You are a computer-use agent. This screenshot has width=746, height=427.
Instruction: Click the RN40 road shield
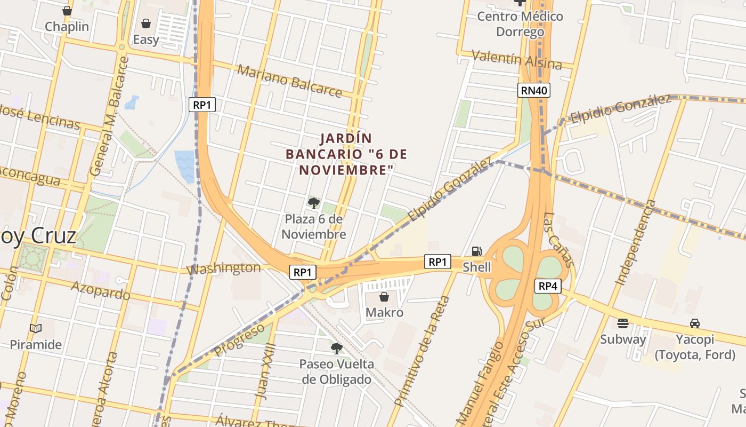tap(534, 91)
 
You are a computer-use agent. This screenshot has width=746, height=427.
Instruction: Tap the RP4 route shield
tap(547, 286)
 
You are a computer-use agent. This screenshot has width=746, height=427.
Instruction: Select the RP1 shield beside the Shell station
tap(437, 262)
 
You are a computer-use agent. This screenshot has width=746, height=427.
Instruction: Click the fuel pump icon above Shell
tap(477, 251)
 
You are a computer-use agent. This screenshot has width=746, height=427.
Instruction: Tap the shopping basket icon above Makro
tap(384, 297)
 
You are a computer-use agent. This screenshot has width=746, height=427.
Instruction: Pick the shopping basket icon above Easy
tap(145, 23)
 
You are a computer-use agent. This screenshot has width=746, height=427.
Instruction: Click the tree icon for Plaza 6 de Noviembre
tap(314, 203)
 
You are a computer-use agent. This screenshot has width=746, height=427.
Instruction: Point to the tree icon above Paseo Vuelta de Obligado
tap(336, 349)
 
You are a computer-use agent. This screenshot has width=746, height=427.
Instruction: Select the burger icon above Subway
tap(622, 323)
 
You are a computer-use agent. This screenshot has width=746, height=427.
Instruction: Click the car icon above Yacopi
tap(695, 323)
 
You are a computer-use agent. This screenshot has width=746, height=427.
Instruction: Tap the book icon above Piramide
tap(36, 329)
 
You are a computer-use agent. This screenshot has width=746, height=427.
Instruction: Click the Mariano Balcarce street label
tap(289, 81)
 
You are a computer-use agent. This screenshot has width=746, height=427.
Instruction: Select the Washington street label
tap(224, 268)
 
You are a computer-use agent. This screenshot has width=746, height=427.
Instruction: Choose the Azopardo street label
tap(100, 290)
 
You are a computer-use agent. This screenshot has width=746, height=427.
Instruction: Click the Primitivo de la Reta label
tap(422, 351)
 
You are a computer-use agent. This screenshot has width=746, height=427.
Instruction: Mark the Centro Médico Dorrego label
tap(520, 24)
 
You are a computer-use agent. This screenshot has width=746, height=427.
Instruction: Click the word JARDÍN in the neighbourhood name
tap(346, 139)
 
